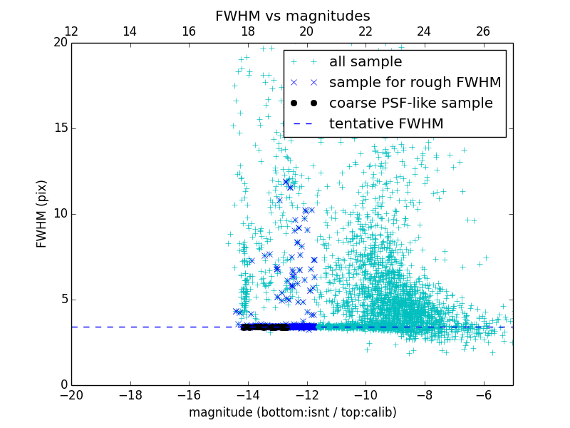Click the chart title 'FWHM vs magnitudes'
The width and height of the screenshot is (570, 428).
292,16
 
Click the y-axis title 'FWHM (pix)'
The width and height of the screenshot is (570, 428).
42,213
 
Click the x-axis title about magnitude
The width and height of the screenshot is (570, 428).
292,412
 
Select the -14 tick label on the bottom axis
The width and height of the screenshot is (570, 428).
247,394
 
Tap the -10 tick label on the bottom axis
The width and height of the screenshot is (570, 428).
365,394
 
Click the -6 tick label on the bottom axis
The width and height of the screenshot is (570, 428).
482,394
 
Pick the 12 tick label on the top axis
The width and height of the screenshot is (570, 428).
71,31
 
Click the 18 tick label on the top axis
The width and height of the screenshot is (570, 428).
247,31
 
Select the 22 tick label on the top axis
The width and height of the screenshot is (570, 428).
365,31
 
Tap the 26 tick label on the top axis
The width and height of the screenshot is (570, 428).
482,31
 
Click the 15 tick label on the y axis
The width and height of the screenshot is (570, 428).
60,128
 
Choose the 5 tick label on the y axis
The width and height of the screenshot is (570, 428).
63,300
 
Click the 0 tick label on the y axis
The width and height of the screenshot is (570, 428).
63,385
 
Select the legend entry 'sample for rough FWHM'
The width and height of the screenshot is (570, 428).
415,83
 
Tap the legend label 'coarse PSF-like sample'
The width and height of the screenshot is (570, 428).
410,103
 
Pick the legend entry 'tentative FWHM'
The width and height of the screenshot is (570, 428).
386,124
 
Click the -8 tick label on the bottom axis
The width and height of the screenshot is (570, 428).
424,394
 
